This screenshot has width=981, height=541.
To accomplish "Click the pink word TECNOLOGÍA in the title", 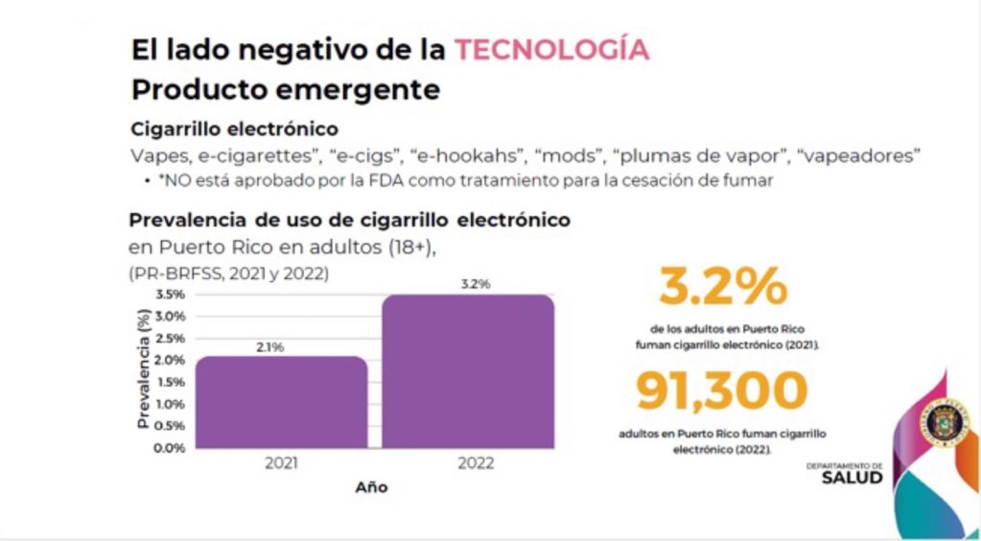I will pos(551,50).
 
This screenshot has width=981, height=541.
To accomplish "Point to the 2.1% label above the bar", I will pos(269,347).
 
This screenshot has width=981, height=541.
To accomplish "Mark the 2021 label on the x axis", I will pos(281,463).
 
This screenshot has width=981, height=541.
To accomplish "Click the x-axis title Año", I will pos(371,487).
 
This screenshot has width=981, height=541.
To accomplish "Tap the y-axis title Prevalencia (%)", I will pos(143,368).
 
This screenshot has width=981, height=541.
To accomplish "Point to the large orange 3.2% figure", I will pos(723,288).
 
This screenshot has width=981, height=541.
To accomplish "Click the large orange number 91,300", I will pos(721,391).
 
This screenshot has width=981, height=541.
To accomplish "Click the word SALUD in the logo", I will pos(852,479).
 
